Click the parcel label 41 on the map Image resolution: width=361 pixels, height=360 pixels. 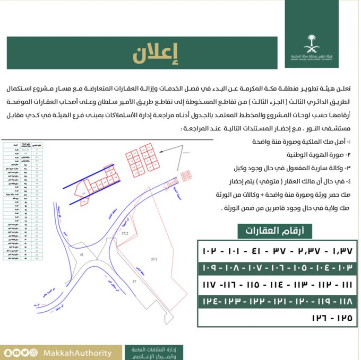point(82,255)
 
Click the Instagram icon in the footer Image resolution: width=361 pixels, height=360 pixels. point(33,353)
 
